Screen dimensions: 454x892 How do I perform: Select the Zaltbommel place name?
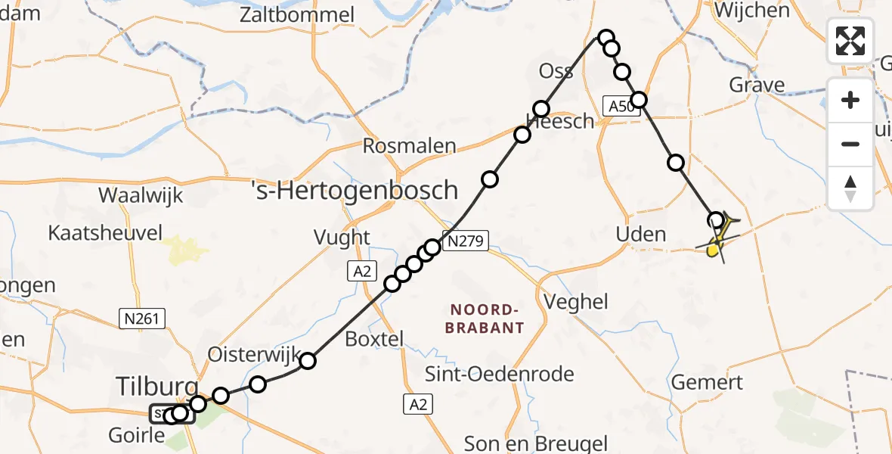[296, 14]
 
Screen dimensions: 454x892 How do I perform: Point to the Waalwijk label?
[141, 195]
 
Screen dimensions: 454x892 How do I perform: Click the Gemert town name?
[707, 382]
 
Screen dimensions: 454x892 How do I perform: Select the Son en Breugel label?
[535, 443]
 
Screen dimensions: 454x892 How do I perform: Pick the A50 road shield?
[621, 107]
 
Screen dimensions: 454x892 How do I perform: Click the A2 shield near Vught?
[361, 271]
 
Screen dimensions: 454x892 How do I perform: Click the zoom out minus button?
[850, 144]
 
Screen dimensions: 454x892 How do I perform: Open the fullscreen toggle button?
[850, 40]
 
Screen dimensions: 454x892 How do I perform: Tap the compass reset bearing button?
[850, 188]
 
